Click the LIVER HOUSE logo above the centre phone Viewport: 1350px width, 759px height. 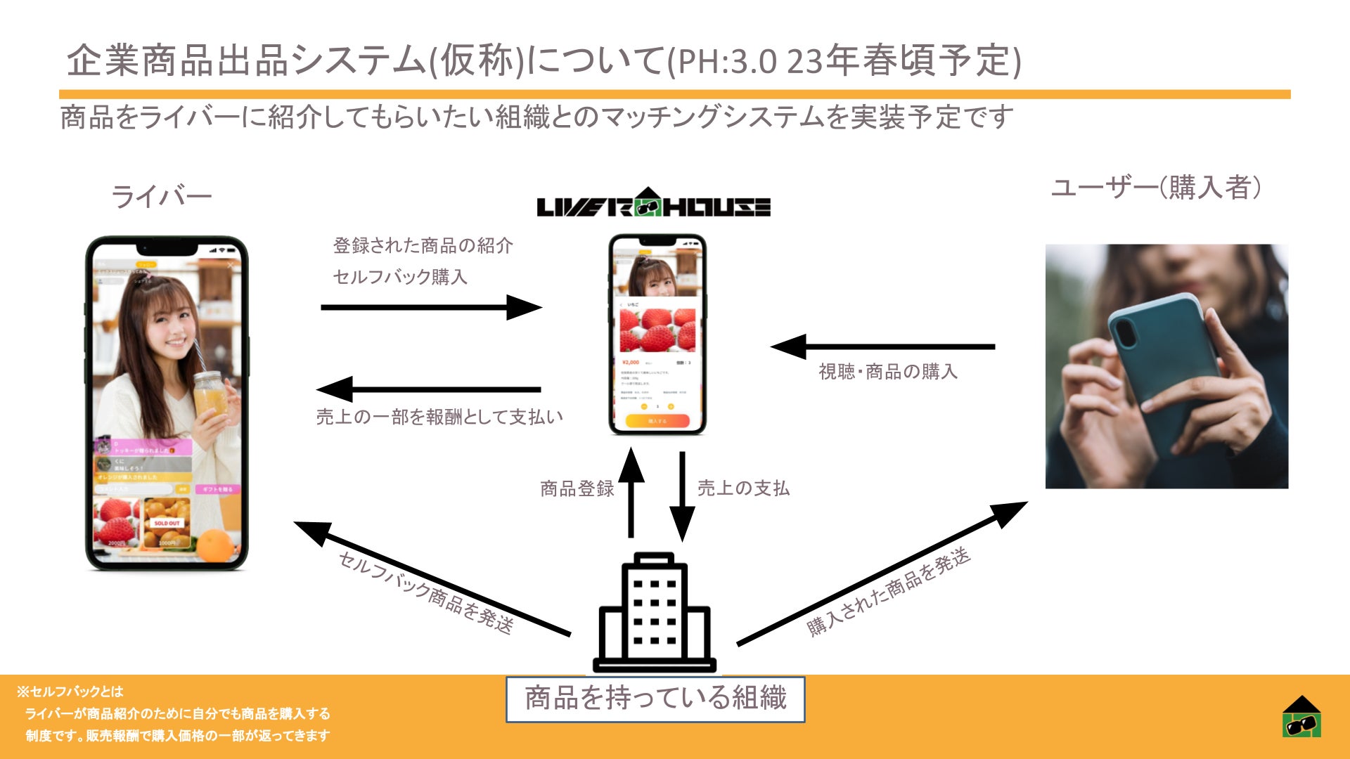[x=653, y=205]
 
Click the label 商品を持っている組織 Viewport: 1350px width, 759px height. [x=655, y=699]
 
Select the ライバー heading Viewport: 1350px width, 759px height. [x=162, y=197]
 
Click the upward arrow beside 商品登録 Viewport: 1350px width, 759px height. [x=631, y=492]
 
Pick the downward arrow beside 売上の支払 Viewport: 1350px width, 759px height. [x=682, y=496]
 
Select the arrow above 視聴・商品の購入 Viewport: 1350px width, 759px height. [x=882, y=346]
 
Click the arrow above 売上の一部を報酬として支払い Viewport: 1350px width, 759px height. [x=429, y=389]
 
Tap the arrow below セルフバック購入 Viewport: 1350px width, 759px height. [x=431, y=307]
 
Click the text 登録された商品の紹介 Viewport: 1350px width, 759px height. [x=423, y=246]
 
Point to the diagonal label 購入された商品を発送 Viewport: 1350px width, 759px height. [x=888, y=592]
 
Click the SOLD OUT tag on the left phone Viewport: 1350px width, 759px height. [x=167, y=523]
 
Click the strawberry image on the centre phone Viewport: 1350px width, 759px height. [x=657, y=330]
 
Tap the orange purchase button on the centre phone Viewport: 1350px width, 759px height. [x=657, y=421]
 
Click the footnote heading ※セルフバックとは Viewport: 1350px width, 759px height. [x=70, y=692]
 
